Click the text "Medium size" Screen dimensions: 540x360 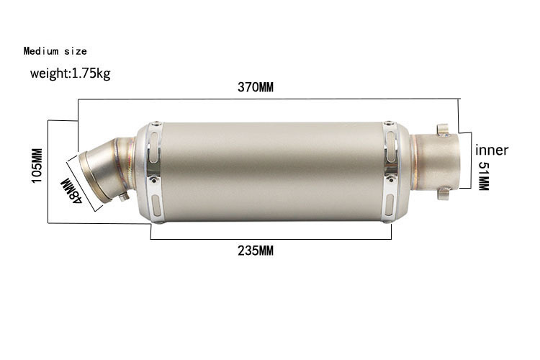55,51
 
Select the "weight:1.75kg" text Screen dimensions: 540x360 71,73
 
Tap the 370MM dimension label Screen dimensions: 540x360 256,87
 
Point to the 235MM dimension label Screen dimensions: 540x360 256,251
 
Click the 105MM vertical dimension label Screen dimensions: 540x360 37,166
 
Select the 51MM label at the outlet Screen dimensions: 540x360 484,176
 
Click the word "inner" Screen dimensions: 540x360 492,150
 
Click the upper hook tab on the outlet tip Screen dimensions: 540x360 444,130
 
